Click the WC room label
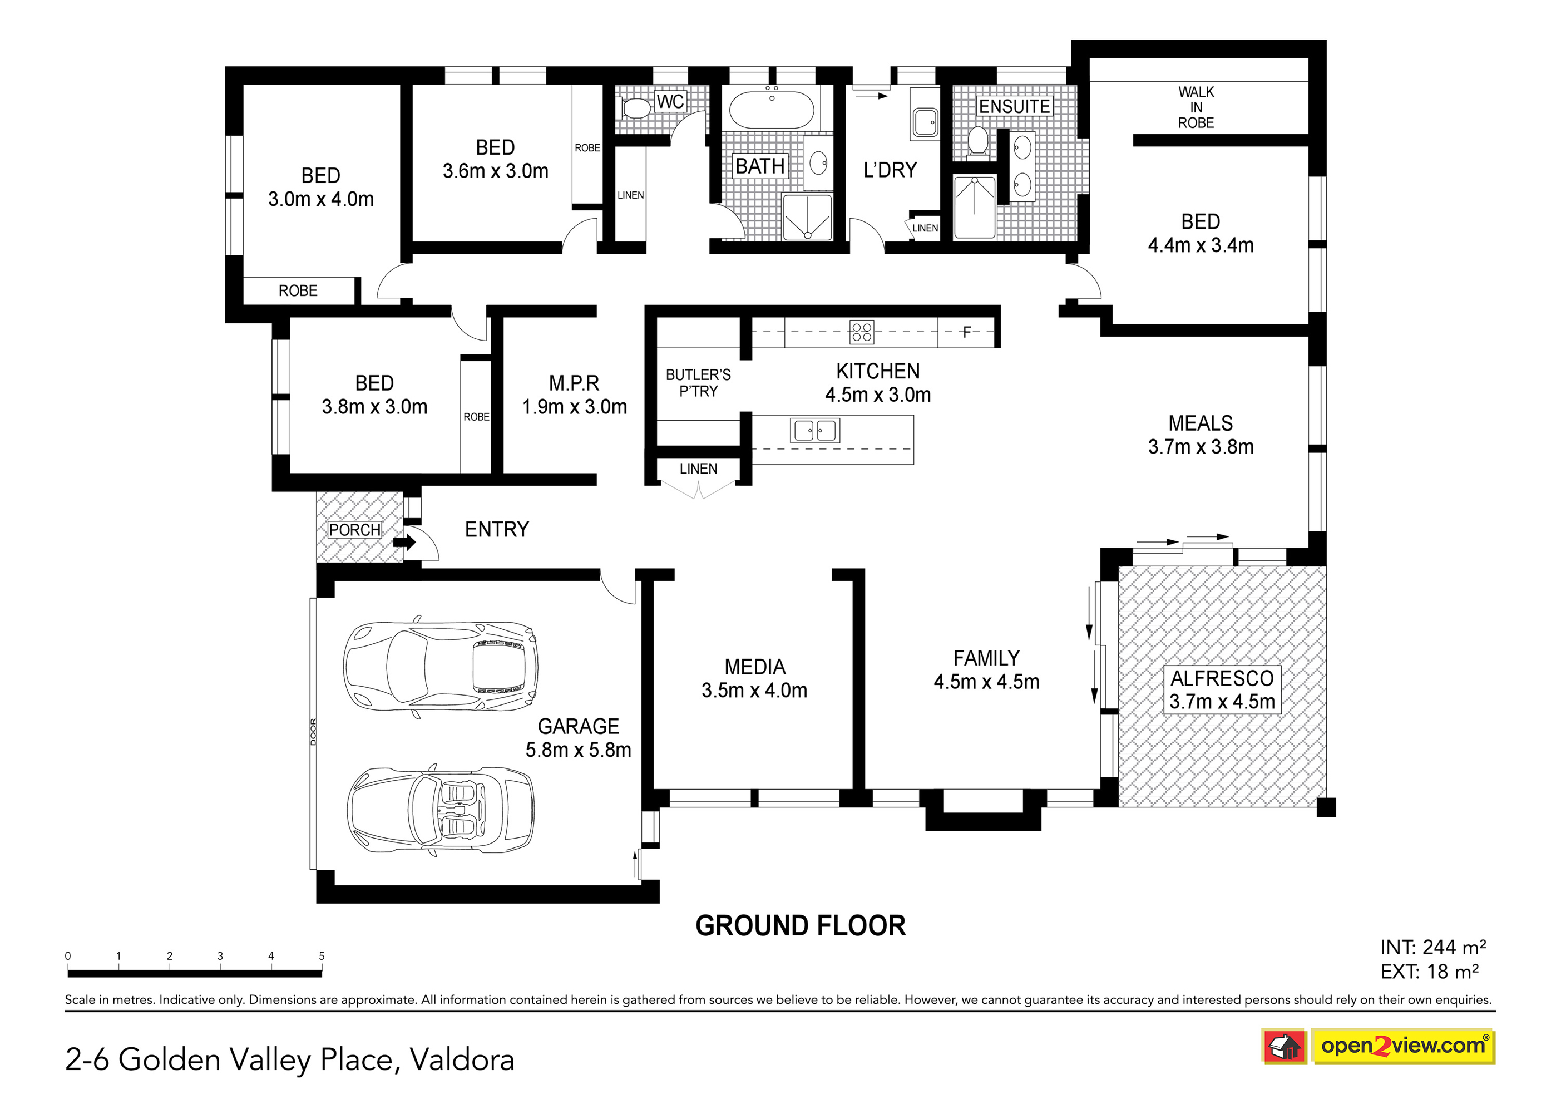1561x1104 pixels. [670, 102]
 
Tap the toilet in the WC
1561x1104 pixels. [634, 108]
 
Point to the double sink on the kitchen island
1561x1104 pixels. [814, 431]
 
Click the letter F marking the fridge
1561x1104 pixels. [966, 332]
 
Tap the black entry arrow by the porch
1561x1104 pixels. [404, 542]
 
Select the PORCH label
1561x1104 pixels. [354, 530]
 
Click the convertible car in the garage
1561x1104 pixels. [441, 810]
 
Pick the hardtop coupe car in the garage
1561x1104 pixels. [441, 667]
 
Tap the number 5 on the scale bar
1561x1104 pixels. [322, 956]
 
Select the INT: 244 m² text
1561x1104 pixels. [1432, 947]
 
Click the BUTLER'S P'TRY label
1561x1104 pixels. [698, 383]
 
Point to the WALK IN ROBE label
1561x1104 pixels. [1196, 107]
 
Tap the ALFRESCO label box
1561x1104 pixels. [1222, 690]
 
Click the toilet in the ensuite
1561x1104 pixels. [977, 141]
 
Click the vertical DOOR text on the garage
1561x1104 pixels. [313, 732]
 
